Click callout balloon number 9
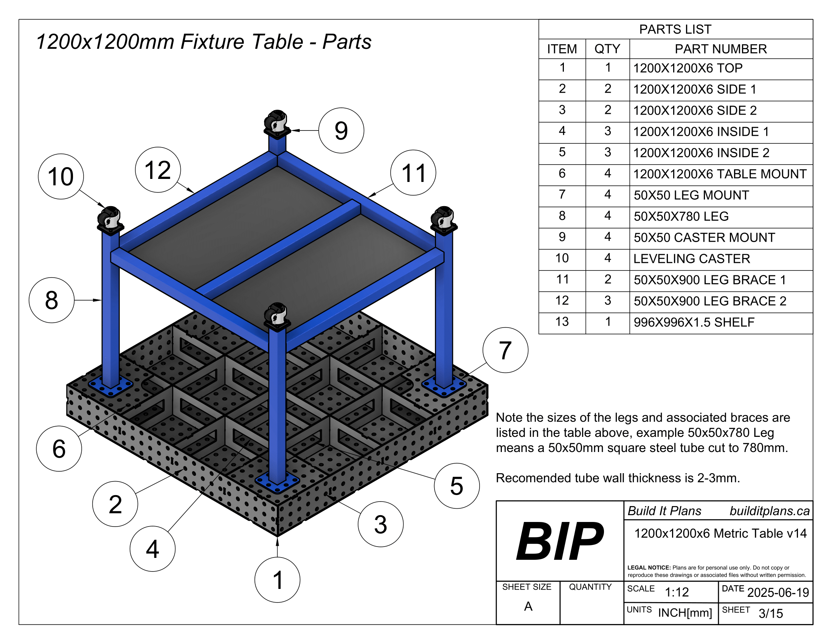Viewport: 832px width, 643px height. point(341,130)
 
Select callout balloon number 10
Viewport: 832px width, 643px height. point(61,176)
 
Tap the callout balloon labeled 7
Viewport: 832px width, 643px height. point(505,350)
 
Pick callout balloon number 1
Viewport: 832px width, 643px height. point(277,580)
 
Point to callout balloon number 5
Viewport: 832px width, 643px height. point(457,486)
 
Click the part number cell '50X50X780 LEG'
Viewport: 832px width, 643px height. point(681,216)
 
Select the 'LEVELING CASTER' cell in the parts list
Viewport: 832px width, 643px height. point(691,259)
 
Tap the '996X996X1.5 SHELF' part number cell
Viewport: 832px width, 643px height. point(694,322)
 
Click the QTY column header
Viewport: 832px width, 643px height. point(607,49)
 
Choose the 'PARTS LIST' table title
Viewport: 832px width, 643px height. point(675,30)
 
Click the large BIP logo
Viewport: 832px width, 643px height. point(560,541)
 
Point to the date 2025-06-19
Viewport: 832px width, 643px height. point(778,592)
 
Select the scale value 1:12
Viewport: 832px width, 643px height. point(677,592)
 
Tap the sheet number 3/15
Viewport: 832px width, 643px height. point(771,613)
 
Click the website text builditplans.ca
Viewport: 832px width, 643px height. point(770,511)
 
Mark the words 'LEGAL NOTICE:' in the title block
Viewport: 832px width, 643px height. point(649,568)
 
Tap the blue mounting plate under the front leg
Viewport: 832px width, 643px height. point(277,483)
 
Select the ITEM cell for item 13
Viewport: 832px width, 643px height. point(562,322)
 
